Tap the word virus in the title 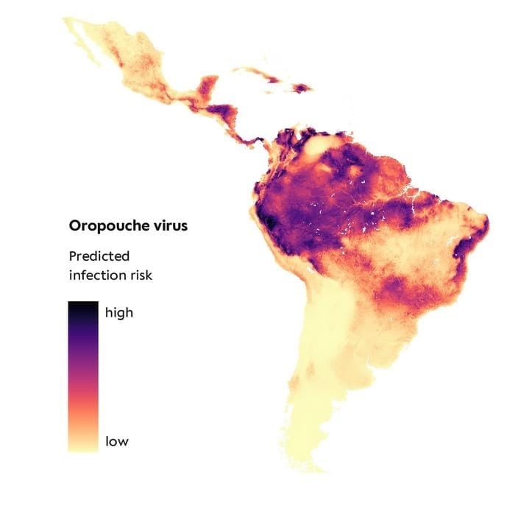[167, 225]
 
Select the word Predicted [99, 256]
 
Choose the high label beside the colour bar [119, 312]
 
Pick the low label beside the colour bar [117, 442]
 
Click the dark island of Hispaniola [302, 88]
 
